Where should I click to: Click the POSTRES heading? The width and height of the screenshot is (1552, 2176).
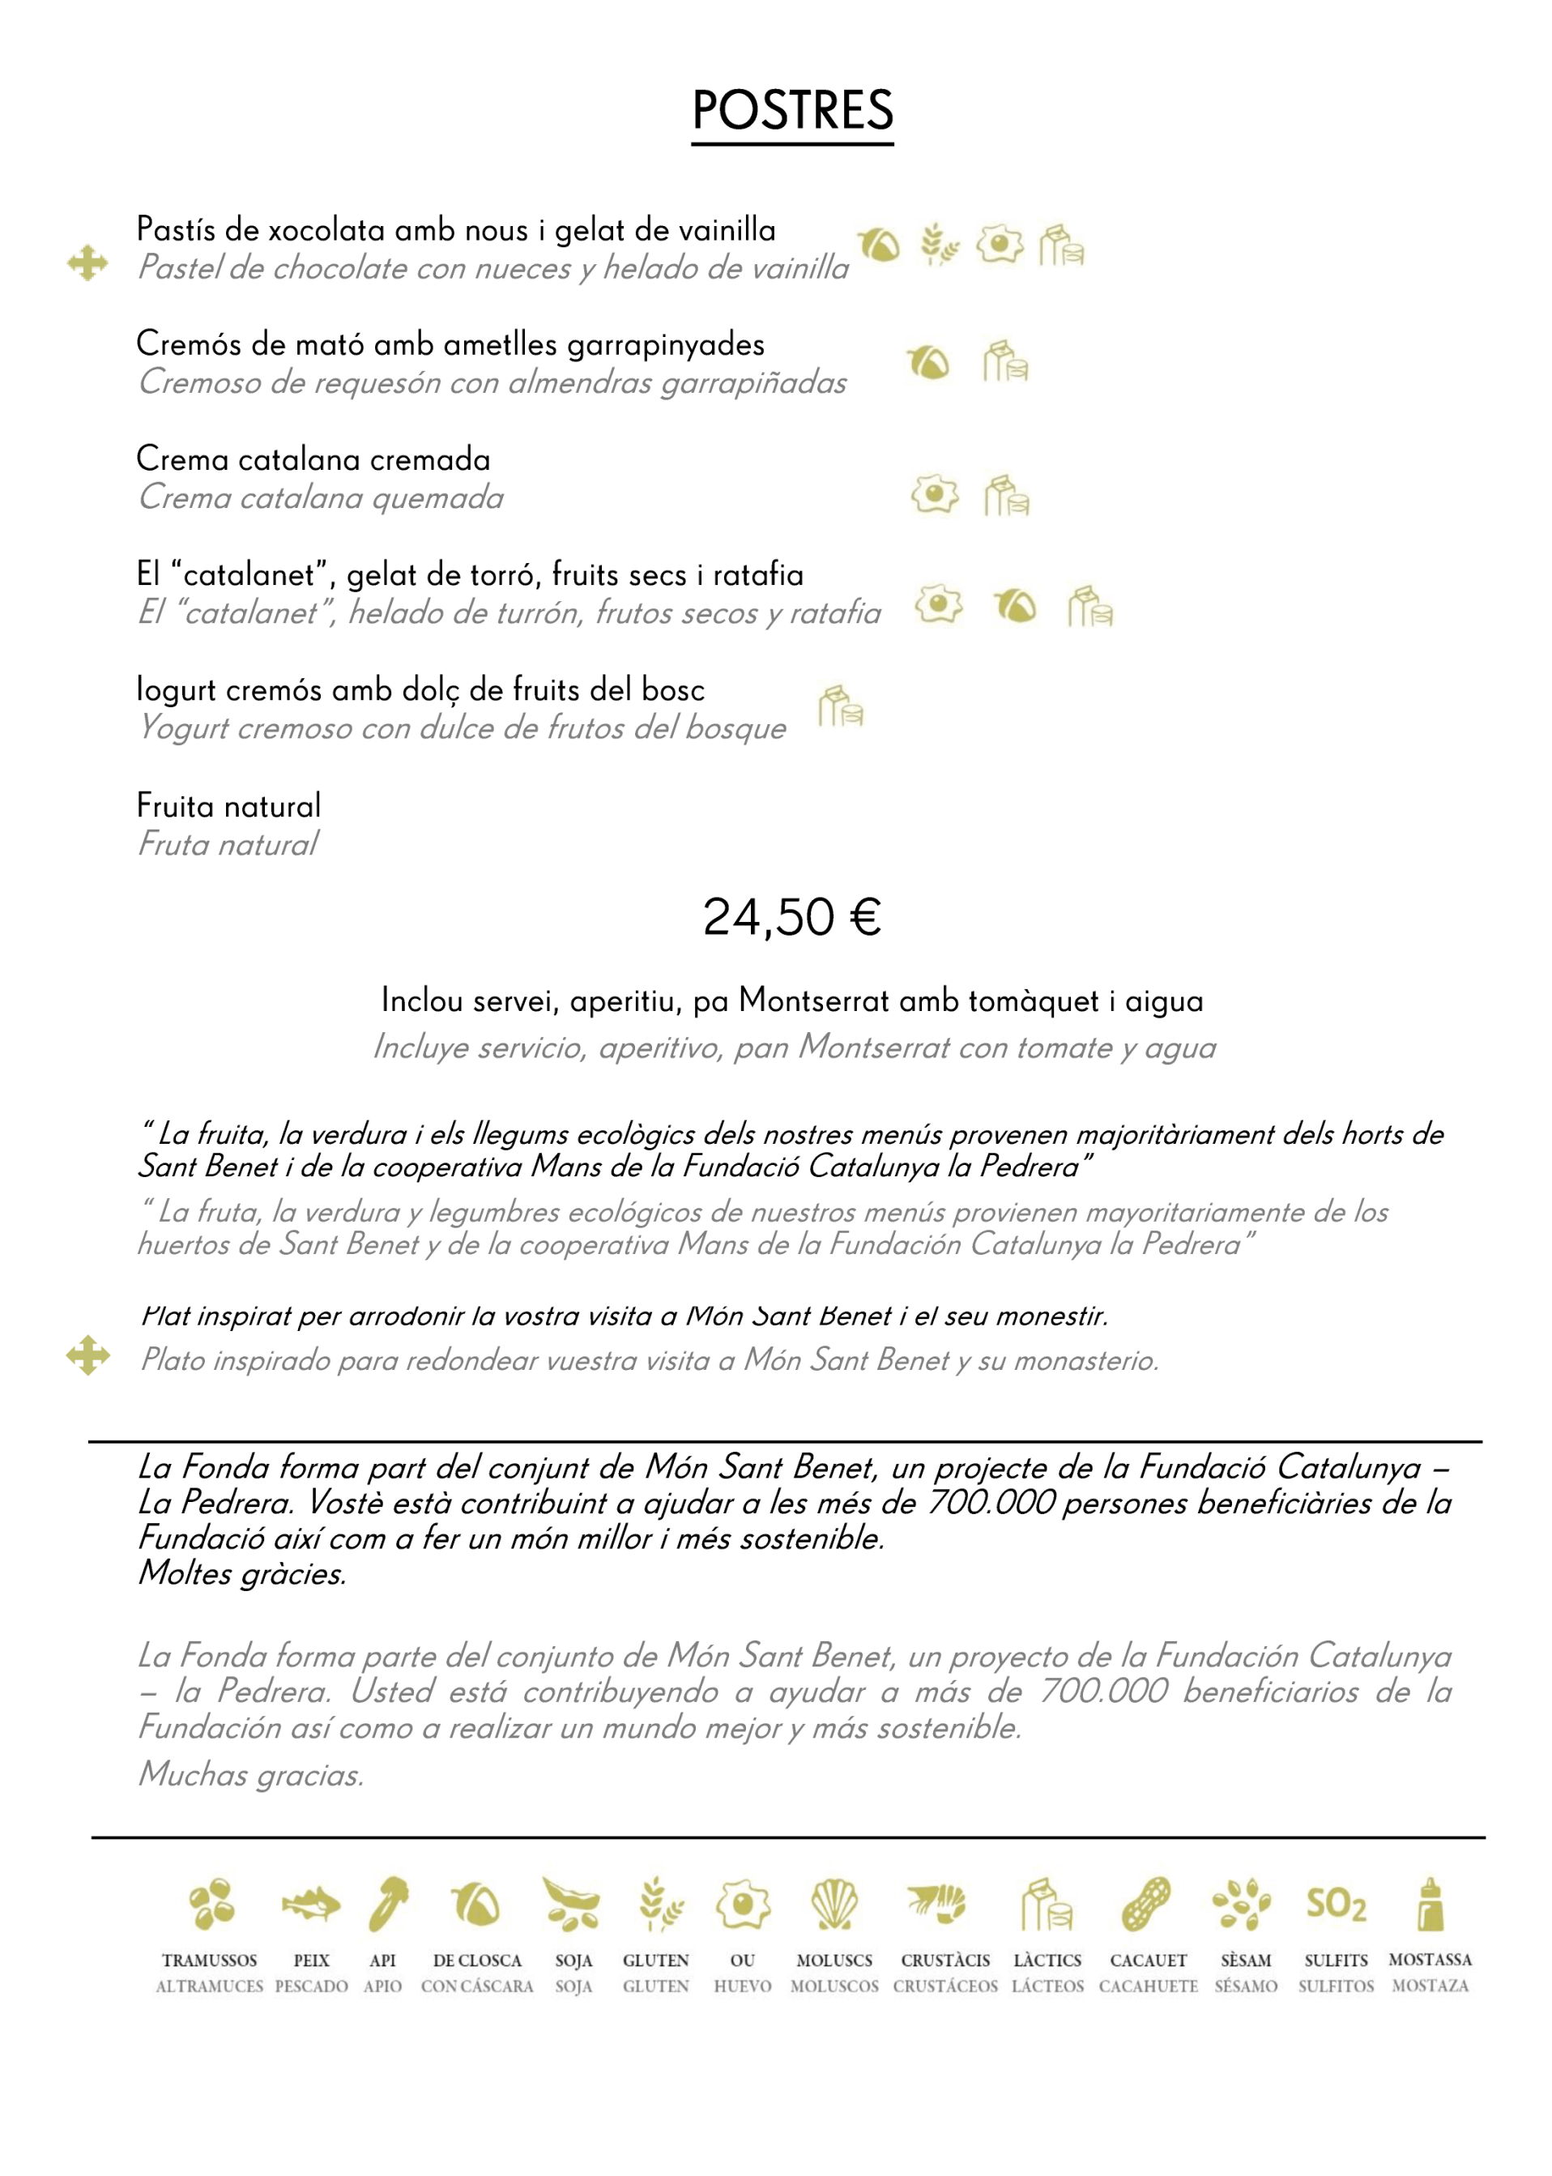click(792, 110)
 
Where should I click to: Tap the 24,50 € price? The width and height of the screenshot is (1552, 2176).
click(791, 917)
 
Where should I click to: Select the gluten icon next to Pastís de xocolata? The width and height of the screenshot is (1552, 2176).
click(939, 245)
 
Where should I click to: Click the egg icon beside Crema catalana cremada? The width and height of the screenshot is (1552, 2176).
click(935, 494)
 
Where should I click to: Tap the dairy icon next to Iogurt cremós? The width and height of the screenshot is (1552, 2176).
click(840, 706)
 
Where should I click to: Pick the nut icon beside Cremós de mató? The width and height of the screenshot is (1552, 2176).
click(928, 362)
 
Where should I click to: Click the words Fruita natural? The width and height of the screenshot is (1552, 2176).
click(228, 805)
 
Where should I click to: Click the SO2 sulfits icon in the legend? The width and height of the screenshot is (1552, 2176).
click(1336, 1904)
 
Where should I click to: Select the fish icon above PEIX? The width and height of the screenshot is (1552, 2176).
click(310, 1904)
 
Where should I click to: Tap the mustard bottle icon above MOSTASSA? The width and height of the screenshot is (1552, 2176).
click(1430, 1904)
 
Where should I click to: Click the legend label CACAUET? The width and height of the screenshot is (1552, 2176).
click(1148, 1960)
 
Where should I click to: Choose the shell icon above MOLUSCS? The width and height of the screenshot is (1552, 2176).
click(834, 1904)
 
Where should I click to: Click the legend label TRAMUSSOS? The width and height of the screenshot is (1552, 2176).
click(209, 1960)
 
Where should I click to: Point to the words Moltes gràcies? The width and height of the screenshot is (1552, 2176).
click(241, 1574)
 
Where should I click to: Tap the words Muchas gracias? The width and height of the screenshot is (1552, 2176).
click(251, 1775)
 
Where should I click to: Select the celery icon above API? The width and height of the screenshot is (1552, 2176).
click(388, 1904)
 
